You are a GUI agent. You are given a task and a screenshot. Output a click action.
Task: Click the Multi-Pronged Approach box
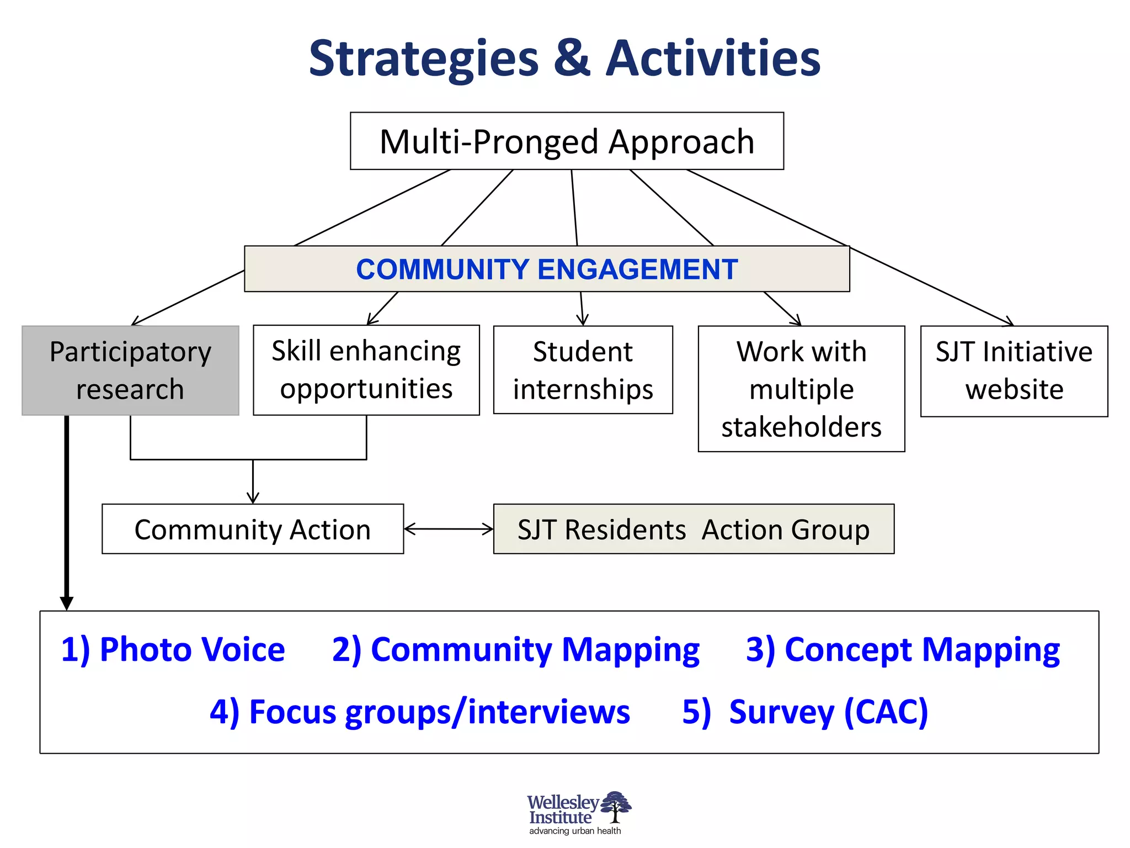click(567, 141)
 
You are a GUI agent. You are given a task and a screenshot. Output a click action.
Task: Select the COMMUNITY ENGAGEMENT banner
click(547, 269)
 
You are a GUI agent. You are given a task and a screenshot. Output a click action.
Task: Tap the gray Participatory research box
click(130, 370)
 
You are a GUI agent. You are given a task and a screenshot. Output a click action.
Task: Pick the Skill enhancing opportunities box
click(366, 370)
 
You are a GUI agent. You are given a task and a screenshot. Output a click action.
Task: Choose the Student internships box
click(583, 370)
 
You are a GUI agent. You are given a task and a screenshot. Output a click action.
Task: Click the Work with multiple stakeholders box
click(801, 389)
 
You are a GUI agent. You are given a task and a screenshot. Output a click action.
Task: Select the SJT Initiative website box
click(1014, 371)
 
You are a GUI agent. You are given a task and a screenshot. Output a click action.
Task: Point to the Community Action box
click(253, 529)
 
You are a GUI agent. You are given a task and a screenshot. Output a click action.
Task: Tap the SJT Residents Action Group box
click(693, 529)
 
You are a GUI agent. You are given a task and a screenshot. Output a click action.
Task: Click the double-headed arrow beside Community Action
click(449, 529)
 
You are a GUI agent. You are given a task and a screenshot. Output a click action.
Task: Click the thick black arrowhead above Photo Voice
click(67, 603)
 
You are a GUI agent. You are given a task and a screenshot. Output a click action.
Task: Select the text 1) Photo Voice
click(173, 649)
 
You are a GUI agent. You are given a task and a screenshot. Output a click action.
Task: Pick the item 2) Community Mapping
click(516, 650)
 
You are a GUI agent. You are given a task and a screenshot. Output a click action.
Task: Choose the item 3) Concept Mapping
click(903, 650)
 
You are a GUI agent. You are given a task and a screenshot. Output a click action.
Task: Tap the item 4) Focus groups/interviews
click(420, 712)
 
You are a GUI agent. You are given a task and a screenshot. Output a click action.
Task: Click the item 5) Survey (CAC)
click(805, 712)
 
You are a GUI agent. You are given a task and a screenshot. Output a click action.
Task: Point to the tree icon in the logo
click(616, 807)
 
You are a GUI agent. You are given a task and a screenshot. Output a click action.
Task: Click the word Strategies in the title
click(423, 59)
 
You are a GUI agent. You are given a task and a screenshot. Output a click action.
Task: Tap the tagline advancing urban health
click(575, 831)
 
